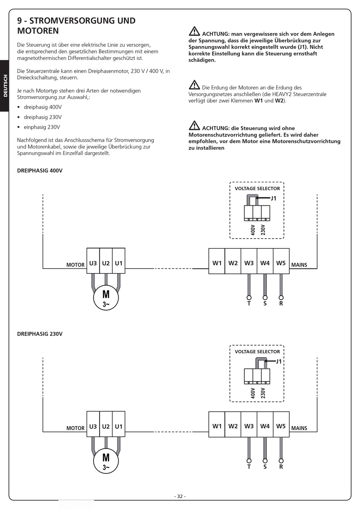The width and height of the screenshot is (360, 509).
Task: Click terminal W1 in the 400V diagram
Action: (x=217, y=263)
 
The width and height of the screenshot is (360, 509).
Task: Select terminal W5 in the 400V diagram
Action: (x=281, y=263)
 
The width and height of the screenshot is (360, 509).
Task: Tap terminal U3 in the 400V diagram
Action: (x=93, y=263)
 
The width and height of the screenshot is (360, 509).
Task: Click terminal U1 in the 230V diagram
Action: (x=119, y=426)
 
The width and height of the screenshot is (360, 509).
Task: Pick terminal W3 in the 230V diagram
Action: (x=249, y=426)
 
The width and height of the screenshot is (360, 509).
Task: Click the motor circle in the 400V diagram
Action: (x=106, y=298)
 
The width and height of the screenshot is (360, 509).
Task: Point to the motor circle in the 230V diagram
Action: (x=106, y=461)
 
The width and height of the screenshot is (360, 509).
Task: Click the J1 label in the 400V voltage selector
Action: (x=274, y=198)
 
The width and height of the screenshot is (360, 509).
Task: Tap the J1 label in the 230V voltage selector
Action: (x=279, y=361)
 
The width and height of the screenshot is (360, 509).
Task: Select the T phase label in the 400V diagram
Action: (x=249, y=304)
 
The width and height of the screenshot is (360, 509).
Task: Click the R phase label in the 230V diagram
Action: (x=281, y=467)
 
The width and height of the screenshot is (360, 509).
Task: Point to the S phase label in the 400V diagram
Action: (x=265, y=304)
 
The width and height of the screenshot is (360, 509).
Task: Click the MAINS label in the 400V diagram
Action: (x=299, y=265)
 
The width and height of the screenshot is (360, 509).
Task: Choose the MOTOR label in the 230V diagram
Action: (x=75, y=428)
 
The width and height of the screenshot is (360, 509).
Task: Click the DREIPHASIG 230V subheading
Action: (x=40, y=334)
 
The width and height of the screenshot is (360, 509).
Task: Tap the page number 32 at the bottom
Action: (x=180, y=497)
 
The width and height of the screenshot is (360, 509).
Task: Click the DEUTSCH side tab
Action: (x=5, y=86)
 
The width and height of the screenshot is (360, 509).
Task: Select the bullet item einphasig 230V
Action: (x=42, y=127)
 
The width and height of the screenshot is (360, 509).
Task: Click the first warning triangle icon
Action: (x=194, y=31)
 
